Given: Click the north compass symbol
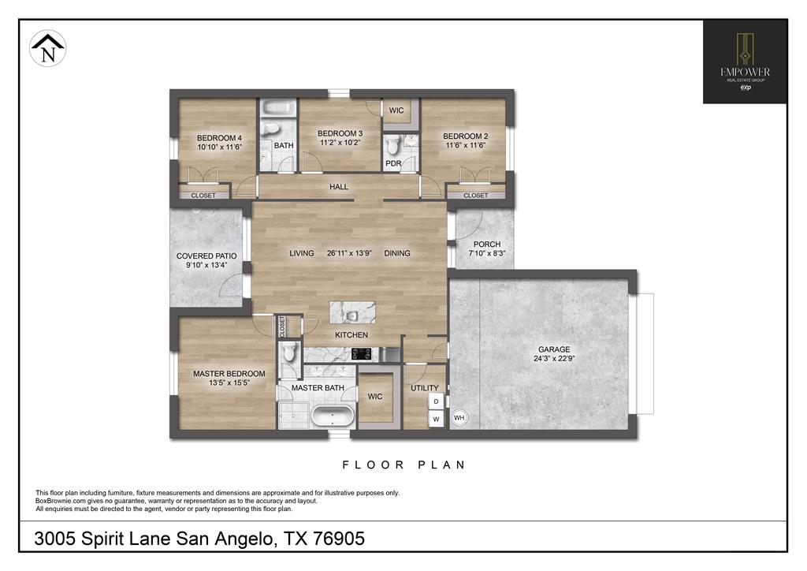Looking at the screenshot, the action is click(48, 48).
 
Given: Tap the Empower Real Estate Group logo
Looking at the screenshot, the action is click(745, 62).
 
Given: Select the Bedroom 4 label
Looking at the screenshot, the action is click(219, 138).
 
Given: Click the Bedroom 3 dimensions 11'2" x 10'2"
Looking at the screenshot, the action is click(340, 143).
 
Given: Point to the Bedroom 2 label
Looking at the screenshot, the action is click(465, 136).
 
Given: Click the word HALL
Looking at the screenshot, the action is click(339, 187).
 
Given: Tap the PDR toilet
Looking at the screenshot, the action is click(394, 145).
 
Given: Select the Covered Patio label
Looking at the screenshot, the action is click(206, 256).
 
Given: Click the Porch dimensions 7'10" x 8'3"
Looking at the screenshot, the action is click(487, 253).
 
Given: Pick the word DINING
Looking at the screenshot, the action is click(397, 253).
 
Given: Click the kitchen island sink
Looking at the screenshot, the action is click(352, 315).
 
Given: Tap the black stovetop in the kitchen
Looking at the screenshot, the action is click(361, 354).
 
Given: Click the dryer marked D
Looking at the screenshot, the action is click(436, 401).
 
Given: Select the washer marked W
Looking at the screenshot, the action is click(436, 419).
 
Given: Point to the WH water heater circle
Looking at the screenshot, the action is click(459, 417).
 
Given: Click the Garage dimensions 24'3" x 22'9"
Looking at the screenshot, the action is click(554, 359).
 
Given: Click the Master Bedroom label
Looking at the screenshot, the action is click(229, 374).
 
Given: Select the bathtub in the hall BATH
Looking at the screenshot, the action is click(278, 109).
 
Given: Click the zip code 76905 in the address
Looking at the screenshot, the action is click(339, 539).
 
